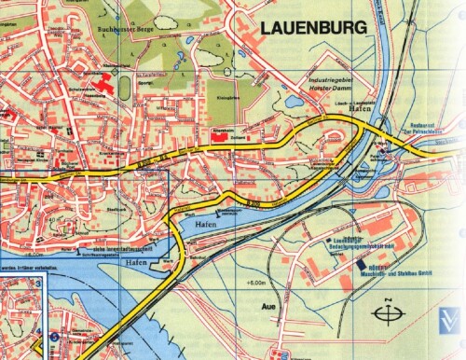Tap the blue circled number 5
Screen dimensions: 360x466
[52, 339]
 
